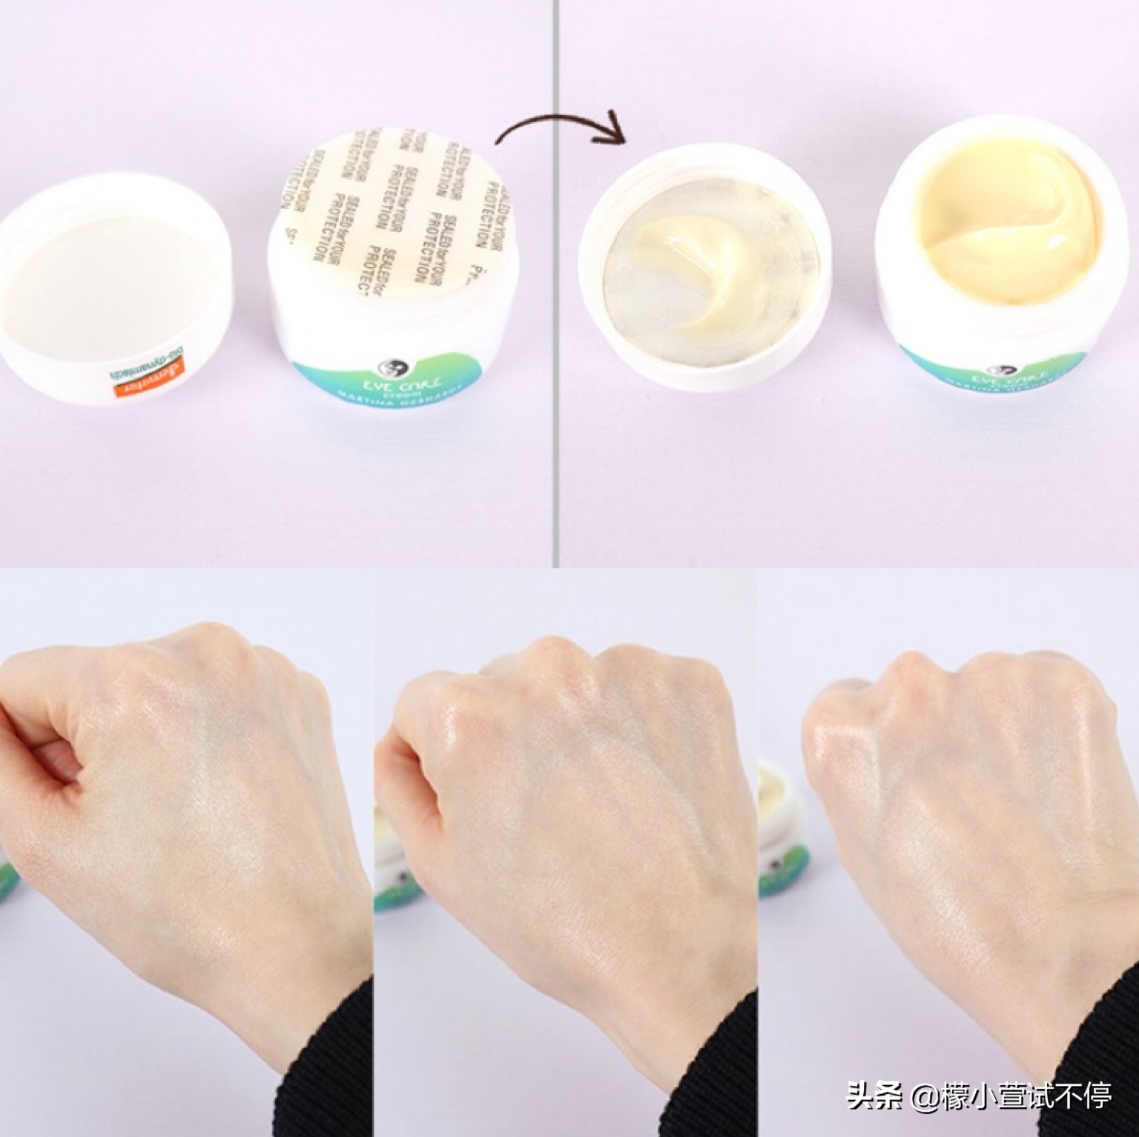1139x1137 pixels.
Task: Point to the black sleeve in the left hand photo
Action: (x=326, y=1067)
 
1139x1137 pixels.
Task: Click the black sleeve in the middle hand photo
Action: (x=712, y=1067)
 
